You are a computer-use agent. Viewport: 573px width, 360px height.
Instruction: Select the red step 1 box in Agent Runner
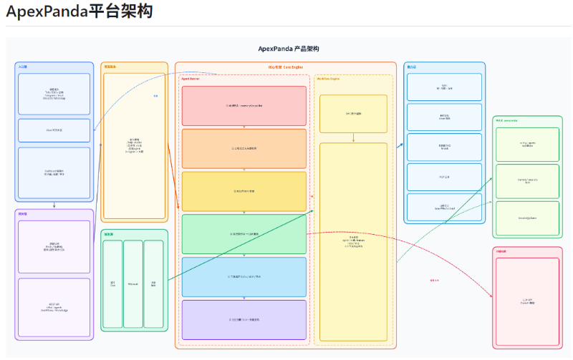[x=244, y=106]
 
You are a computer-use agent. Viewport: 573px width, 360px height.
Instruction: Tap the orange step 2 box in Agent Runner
[x=244, y=148]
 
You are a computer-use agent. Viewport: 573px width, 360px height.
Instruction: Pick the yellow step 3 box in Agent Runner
[x=244, y=191]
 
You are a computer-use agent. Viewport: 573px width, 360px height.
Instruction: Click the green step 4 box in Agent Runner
[x=244, y=234]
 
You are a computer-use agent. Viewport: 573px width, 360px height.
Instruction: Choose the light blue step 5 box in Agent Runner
[x=244, y=276]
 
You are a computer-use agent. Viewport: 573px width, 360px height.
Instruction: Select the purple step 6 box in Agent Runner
[x=244, y=319]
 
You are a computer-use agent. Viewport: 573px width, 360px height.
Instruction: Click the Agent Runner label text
[x=191, y=79]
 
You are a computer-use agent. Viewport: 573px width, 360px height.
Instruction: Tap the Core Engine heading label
[x=285, y=67]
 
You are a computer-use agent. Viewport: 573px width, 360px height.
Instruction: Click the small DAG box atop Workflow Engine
[x=353, y=113]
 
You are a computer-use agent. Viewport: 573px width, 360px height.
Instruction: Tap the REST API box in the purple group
[x=54, y=307]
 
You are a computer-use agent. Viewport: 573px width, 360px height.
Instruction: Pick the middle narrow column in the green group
[x=133, y=284]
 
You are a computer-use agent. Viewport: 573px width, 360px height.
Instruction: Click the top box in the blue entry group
[x=54, y=94]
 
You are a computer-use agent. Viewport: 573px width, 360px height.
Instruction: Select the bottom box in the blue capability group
[x=444, y=207]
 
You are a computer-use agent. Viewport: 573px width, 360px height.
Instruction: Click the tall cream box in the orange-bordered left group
[x=135, y=146]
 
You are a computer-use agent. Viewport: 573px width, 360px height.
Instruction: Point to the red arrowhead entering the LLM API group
[x=491, y=296]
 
